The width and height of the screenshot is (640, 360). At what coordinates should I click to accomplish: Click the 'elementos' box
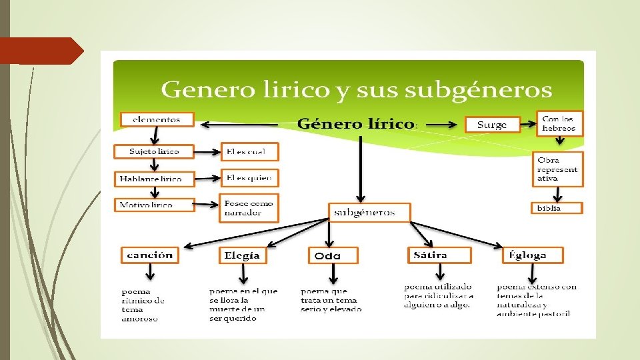click(157, 119)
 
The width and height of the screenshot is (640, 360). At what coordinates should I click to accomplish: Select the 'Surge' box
click(492, 125)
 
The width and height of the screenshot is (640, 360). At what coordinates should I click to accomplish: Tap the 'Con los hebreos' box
click(560, 123)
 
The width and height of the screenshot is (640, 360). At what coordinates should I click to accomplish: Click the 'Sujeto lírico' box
click(154, 151)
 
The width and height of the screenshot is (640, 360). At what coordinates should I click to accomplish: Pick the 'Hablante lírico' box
click(154, 178)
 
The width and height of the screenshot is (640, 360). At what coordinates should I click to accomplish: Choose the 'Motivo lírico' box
click(154, 205)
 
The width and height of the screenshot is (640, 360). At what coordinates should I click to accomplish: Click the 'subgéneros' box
click(368, 213)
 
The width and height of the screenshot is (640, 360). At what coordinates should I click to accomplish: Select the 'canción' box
click(150, 255)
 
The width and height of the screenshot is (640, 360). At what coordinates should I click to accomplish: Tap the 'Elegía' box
click(243, 255)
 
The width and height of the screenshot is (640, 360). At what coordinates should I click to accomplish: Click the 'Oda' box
click(332, 256)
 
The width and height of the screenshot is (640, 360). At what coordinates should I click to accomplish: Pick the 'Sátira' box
click(439, 255)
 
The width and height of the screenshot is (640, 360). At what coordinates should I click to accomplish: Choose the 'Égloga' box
click(532, 255)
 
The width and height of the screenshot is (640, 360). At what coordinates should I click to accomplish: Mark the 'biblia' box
click(557, 208)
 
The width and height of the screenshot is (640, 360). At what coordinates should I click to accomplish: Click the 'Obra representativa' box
click(557, 169)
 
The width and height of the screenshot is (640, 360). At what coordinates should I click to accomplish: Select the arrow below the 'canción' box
click(151, 273)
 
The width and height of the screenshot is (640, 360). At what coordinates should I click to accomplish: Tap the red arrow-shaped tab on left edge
click(40, 51)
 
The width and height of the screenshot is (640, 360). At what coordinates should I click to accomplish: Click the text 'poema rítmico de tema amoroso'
click(143, 305)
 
